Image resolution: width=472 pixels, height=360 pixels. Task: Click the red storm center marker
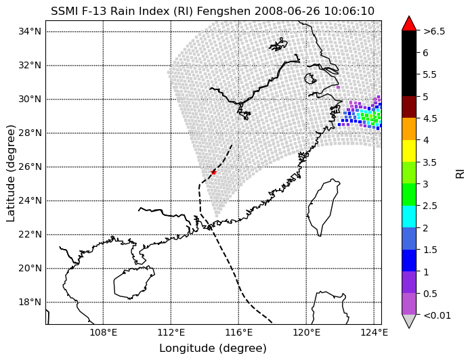click(x=213, y=172)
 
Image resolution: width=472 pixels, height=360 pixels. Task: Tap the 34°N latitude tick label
click(x=30, y=31)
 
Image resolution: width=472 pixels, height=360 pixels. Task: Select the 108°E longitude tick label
click(x=104, y=333)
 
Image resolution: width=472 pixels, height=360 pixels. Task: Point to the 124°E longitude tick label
click(x=374, y=333)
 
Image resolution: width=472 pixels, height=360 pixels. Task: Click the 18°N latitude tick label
click(x=30, y=302)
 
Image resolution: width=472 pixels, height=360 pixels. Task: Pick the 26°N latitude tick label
click(x=30, y=166)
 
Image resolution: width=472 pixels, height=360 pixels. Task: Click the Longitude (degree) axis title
click(x=213, y=348)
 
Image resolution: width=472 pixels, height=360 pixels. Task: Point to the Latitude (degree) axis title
click(x=10, y=173)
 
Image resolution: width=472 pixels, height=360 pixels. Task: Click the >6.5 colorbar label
click(x=434, y=31)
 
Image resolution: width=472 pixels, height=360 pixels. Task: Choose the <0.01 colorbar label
click(x=437, y=315)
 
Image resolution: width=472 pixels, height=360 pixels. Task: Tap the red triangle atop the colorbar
click(x=409, y=24)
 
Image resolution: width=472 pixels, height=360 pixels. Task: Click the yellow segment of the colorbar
click(x=409, y=151)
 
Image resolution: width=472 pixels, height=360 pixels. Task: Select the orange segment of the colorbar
click(x=409, y=129)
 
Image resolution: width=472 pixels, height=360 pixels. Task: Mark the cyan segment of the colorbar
click(x=409, y=217)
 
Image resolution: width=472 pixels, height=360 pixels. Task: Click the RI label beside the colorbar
click(x=460, y=173)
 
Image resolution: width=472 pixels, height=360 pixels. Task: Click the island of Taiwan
click(x=323, y=207)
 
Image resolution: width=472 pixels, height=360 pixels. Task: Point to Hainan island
click(x=134, y=282)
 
